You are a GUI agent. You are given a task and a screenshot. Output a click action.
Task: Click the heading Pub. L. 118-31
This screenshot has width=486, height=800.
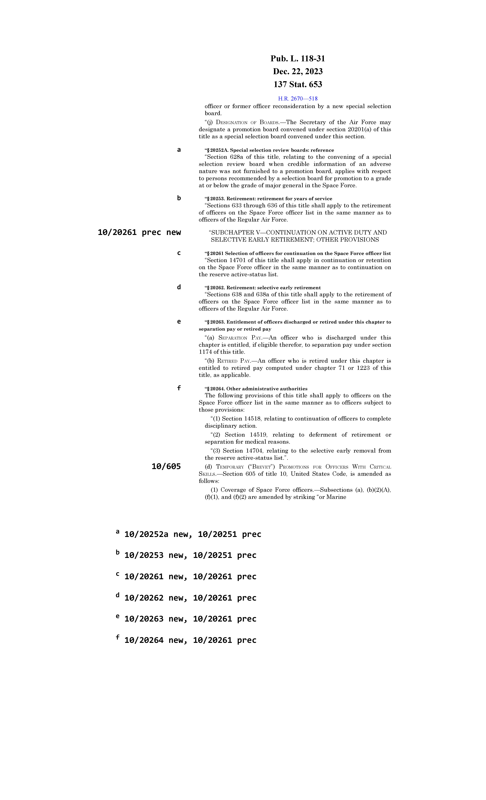(298, 59)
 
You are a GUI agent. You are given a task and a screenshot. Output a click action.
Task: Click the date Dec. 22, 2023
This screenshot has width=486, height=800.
(298, 71)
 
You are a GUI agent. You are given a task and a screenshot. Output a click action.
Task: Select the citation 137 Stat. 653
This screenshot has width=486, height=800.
(298, 84)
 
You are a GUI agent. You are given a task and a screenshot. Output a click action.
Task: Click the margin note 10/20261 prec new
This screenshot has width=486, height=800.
(139, 232)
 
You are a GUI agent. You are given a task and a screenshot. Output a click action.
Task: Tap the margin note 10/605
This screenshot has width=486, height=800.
(166, 467)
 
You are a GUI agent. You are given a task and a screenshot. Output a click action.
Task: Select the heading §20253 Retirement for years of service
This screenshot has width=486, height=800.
(268, 199)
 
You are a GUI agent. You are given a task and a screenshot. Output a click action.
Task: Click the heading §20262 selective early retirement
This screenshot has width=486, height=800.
(263, 288)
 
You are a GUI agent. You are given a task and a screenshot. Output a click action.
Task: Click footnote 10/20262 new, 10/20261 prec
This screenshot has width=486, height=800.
(190, 598)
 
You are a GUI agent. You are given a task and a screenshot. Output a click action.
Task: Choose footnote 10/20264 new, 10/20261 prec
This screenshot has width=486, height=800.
(190, 640)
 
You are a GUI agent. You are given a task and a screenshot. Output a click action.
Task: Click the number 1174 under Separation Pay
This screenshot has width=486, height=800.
(205, 352)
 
